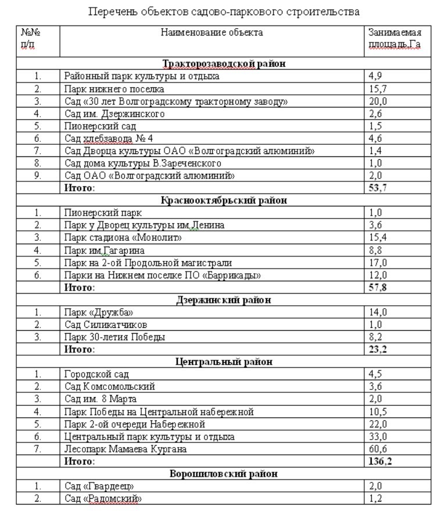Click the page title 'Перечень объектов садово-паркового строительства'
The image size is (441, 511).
click(x=224, y=11)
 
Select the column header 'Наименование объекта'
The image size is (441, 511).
click(x=212, y=33)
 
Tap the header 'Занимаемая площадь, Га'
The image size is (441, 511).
click(x=395, y=38)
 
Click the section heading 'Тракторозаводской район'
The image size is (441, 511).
click(x=224, y=63)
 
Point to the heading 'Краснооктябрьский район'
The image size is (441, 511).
click(x=224, y=201)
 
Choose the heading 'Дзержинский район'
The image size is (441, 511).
click(x=224, y=301)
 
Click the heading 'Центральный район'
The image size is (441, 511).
click(x=224, y=362)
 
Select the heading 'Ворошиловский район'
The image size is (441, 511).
click(x=224, y=474)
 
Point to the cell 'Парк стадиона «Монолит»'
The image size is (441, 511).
click(x=123, y=238)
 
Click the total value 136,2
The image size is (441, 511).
click(x=381, y=462)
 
